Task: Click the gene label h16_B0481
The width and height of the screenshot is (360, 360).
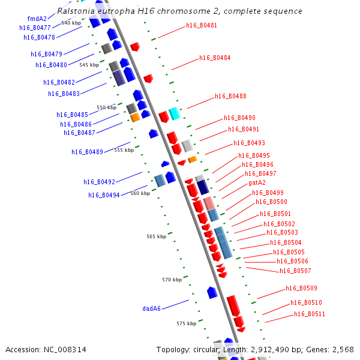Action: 201,26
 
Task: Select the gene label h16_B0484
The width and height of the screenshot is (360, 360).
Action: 215,58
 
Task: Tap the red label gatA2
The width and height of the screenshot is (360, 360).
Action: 257,182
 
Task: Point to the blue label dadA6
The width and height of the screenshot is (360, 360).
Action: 151,308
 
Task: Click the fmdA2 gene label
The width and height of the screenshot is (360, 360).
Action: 37,19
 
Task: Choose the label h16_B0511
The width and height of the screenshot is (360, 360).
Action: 309,314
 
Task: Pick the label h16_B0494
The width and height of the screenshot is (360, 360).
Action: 104,195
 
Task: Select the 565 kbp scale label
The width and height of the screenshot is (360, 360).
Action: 156,237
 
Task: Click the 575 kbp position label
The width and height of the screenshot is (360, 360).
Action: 186,324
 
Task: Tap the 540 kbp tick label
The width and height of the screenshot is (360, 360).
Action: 71,23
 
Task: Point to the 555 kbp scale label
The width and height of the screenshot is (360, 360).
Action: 124,150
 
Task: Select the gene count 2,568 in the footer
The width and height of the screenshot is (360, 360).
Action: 343,349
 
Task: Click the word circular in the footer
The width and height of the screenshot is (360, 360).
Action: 206,349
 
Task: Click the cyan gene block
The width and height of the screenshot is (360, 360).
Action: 175,113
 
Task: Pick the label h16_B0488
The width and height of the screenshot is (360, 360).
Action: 230,96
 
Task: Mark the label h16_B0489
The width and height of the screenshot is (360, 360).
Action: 87,152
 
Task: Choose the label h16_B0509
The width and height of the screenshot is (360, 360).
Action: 301,288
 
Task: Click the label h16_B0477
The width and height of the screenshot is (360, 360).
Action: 35,28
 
